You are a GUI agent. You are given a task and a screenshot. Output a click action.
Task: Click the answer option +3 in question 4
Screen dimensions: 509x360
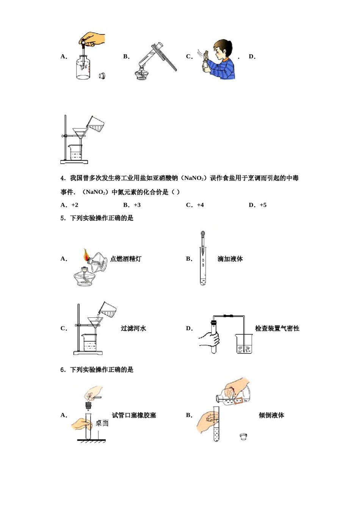click(x=137, y=205)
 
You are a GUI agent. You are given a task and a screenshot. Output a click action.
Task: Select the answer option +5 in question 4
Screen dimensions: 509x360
click(x=263, y=205)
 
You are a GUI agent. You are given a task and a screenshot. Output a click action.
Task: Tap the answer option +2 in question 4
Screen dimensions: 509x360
click(x=74, y=205)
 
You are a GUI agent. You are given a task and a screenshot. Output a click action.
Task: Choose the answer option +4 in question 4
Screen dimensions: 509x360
click(x=200, y=205)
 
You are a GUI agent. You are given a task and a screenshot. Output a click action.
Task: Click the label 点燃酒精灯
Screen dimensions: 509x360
click(x=126, y=259)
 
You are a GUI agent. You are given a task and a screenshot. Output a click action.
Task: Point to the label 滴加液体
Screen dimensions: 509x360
click(x=230, y=259)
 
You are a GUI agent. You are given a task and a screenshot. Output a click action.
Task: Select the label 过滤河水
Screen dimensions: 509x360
click(x=133, y=328)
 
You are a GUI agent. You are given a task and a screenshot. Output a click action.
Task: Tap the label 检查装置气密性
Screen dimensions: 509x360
click(x=277, y=328)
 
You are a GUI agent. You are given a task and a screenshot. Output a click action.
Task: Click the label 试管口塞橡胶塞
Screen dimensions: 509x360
click(x=134, y=415)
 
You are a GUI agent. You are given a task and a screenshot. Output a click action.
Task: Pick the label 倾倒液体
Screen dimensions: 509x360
click(x=271, y=415)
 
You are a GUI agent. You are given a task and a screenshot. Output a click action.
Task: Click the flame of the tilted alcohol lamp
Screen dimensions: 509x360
click(x=86, y=255)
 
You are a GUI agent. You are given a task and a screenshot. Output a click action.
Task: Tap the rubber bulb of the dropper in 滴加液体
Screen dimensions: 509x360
click(x=203, y=234)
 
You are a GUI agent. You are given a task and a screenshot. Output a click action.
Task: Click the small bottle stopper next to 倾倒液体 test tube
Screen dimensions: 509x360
click(x=243, y=437)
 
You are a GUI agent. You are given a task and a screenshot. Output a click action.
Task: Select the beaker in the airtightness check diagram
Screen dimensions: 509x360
click(x=244, y=344)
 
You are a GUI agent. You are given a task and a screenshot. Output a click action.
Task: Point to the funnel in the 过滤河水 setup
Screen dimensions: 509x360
click(x=95, y=322)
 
